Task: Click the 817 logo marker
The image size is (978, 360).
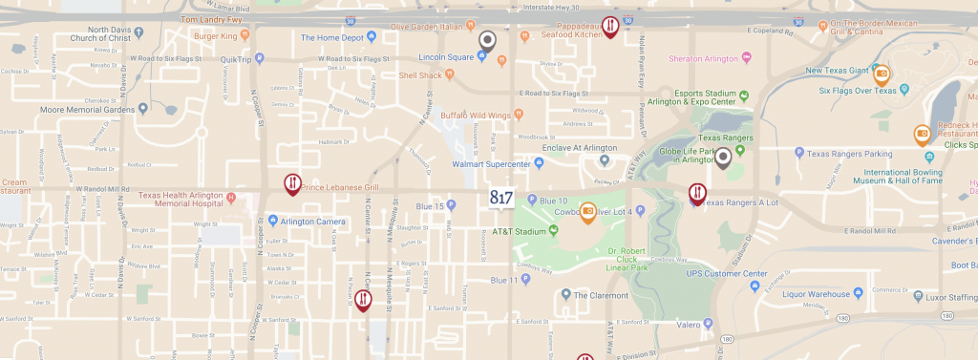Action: [501, 198]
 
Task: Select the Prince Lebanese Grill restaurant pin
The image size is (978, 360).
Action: [292, 183]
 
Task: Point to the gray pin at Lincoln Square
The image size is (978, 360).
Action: [488, 41]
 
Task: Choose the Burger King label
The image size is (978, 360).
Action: [214, 36]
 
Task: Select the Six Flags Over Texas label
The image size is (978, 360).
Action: [858, 92]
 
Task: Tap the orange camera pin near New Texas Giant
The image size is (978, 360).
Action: [882, 74]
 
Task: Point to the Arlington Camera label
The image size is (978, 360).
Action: [313, 222]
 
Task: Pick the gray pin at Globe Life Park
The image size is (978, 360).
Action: [724, 158]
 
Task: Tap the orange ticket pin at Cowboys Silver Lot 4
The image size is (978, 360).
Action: [588, 212]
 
